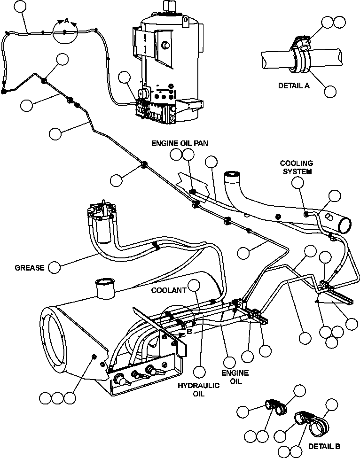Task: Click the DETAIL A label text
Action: coord(294,86)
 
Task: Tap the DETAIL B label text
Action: coord(324,446)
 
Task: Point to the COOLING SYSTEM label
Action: coord(297,167)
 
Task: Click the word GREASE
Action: coord(29,268)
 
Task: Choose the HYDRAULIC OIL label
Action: coord(199,389)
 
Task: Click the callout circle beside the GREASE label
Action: coord(55,267)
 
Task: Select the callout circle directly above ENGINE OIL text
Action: coord(229,362)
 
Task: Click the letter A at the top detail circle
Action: coord(66,20)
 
